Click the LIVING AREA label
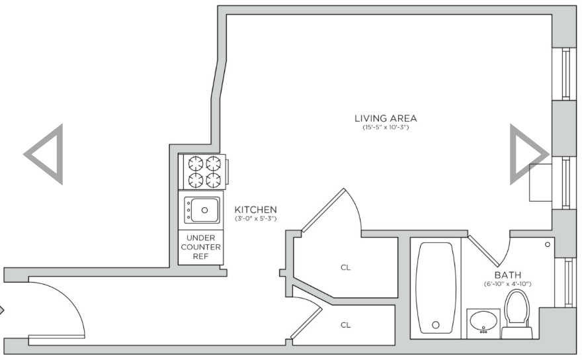[386, 118]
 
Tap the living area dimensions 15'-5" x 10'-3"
[386, 128]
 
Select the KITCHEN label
[255, 210]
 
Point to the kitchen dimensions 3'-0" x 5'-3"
[256, 218]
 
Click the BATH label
[508, 275]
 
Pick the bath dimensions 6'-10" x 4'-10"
[507, 284]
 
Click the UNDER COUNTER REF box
[200, 247]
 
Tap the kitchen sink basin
[202, 210]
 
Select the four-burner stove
[202, 172]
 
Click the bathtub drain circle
[436, 325]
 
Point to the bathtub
[436, 288]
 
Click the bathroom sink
[483, 322]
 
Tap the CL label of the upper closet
[345, 267]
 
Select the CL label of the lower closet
[345, 325]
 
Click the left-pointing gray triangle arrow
[44, 154]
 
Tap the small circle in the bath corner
[548, 244]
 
